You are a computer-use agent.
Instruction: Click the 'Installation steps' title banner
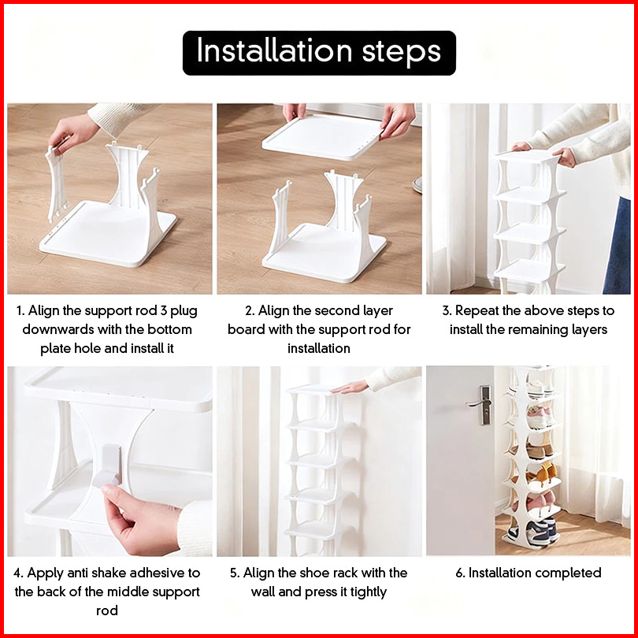319,53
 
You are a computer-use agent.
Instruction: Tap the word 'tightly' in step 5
369,592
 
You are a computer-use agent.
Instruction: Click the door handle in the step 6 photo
481,404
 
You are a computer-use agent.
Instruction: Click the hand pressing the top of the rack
350,387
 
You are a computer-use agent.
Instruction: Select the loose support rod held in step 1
57,183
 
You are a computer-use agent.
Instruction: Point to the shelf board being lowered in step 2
323,137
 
